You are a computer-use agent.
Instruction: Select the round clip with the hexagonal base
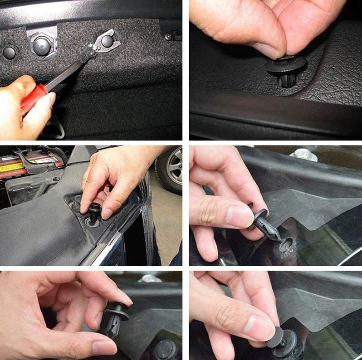[x=41, y=45]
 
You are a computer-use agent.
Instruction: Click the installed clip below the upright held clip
[x=165, y=350]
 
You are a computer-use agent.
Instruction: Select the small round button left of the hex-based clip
[x=9, y=52]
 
